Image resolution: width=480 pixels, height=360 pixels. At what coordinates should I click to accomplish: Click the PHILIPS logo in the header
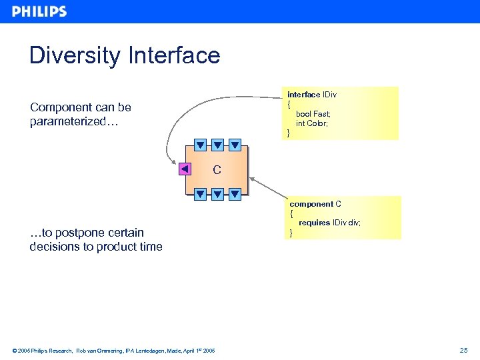[39, 11]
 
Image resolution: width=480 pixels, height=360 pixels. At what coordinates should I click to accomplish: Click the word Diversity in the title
[74, 55]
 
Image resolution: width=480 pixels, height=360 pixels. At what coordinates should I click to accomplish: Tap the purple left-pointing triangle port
[185, 169]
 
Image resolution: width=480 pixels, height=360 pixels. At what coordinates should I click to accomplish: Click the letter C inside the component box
[217, 170]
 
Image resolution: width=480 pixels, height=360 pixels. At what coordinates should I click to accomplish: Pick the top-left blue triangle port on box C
[200, 145]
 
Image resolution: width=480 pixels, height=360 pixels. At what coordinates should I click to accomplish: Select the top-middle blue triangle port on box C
[217, 145]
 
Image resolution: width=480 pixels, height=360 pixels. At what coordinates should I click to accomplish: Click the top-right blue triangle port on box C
[235, 145]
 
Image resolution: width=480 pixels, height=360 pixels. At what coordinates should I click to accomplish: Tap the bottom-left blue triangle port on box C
[200, 195]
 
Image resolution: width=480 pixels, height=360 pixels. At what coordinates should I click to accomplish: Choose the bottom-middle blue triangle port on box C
[217, 195]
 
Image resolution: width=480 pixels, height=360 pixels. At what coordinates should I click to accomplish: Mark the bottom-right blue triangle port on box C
[235, 195]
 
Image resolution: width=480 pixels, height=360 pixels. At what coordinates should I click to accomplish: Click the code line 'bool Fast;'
[313, 114]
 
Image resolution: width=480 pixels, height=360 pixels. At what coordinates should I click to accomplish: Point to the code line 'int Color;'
[312, 123]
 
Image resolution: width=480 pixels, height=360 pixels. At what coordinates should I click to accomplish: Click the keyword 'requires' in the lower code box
[314, 223]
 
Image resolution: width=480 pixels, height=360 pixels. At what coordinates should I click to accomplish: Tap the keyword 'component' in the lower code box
[311, 204]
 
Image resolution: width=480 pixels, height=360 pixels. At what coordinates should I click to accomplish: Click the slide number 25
[464, 350]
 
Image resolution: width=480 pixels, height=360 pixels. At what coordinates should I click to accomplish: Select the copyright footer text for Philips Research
[113, 350]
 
